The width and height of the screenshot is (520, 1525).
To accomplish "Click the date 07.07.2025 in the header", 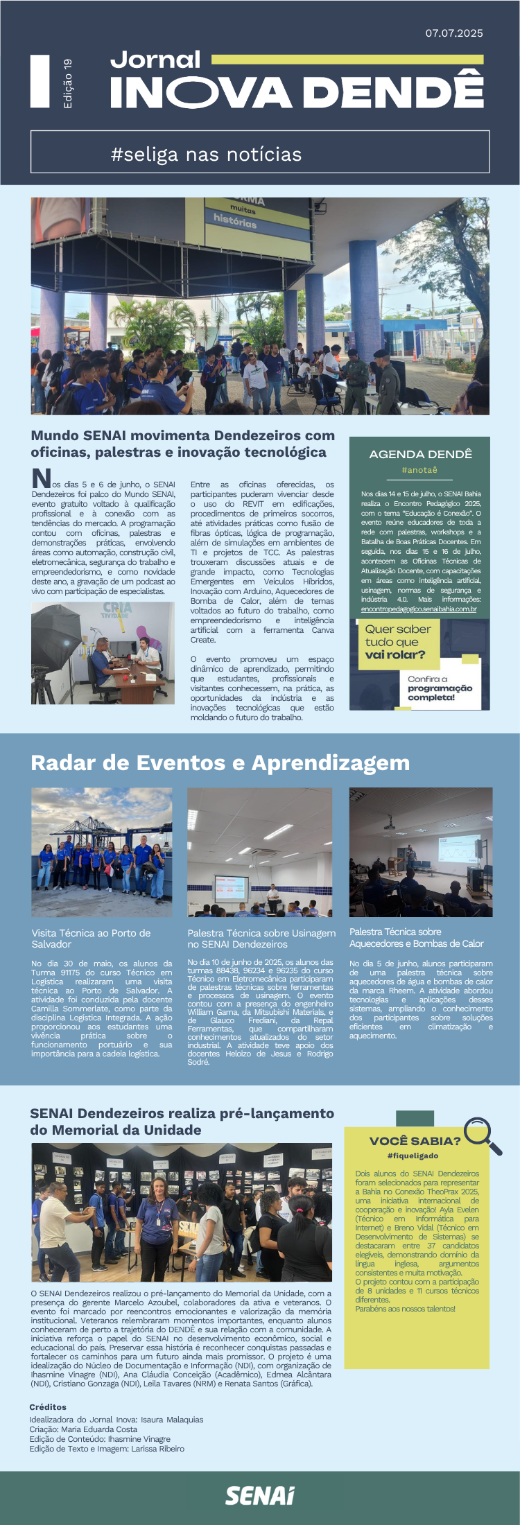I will (454, 33).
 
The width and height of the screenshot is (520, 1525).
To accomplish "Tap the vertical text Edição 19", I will (67, 83).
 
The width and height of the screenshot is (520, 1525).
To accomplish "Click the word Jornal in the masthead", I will (155, 60).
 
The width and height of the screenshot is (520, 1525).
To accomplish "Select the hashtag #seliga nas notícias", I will (206, 154).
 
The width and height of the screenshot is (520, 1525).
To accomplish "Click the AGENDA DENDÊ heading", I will (420, 454).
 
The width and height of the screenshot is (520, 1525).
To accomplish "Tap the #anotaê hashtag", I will (419, 470).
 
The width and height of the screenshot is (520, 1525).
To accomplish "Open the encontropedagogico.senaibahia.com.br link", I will (419, 609).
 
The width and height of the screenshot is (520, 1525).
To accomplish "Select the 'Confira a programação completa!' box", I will (440, 688).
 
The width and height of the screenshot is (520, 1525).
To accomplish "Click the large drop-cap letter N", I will (41, 478).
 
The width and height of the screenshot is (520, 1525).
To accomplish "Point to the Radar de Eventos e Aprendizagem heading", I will (220, 762).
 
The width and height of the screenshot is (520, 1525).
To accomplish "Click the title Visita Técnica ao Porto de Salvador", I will (90, 939).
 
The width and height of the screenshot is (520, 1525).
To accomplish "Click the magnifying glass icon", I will (482, 1135).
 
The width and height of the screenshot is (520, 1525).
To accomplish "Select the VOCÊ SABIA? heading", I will (415, 1140).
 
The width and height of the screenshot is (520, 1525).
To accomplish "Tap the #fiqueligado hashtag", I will (413, 1156).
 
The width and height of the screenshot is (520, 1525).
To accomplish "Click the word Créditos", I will (48, 1407).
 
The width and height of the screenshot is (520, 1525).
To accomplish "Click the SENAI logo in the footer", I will (260, 1495).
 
